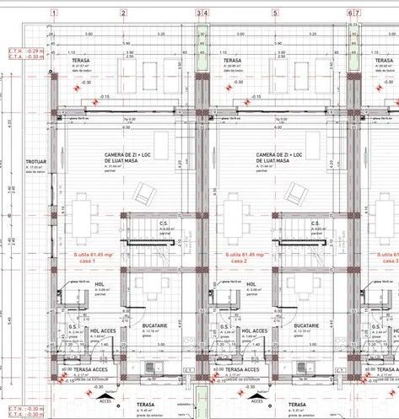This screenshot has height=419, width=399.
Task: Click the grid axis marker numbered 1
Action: coord(54,13)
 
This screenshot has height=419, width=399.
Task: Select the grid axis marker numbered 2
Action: coord(123,13)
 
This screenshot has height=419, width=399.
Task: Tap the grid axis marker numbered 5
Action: coord(275,13)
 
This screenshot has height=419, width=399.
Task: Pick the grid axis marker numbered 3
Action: coord(199,13)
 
